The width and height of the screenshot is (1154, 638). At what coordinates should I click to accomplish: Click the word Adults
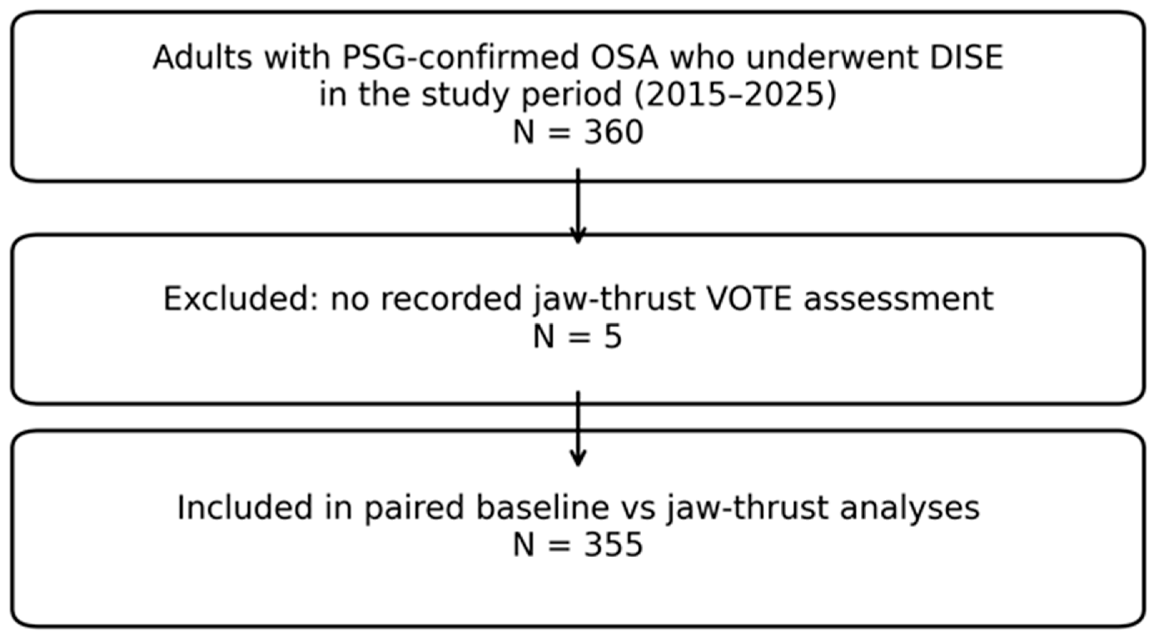(x=202, y=57)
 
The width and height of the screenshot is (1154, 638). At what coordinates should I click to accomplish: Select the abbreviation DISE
(x=966, y=57)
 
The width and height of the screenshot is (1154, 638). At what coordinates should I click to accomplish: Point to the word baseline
(x=542, y=508)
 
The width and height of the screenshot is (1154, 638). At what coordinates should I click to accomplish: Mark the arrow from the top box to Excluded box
(x=578, y=206)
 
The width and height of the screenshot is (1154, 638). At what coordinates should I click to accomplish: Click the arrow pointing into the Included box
(x=578, y=428)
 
